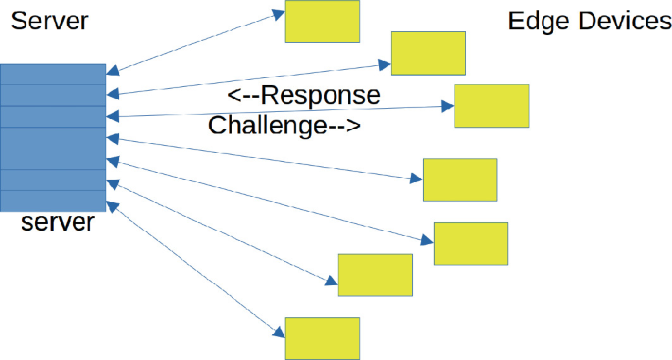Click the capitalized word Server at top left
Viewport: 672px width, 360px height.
(48, 21)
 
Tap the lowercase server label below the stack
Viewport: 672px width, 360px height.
(58, 222)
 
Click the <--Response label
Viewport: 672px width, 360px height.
(303, 96)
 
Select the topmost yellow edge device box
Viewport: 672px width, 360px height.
(322, 22)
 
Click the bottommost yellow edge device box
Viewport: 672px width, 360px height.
(322, 337)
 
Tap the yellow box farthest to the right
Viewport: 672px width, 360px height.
(491, 106)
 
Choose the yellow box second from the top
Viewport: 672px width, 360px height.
(428, 53)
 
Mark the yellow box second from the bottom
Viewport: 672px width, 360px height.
(376, 275)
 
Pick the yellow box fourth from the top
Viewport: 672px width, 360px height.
(459, 179)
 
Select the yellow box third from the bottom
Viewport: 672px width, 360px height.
(471, 243)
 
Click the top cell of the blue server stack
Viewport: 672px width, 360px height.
(53, 74)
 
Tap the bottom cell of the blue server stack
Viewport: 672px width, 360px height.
(53, 199)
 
